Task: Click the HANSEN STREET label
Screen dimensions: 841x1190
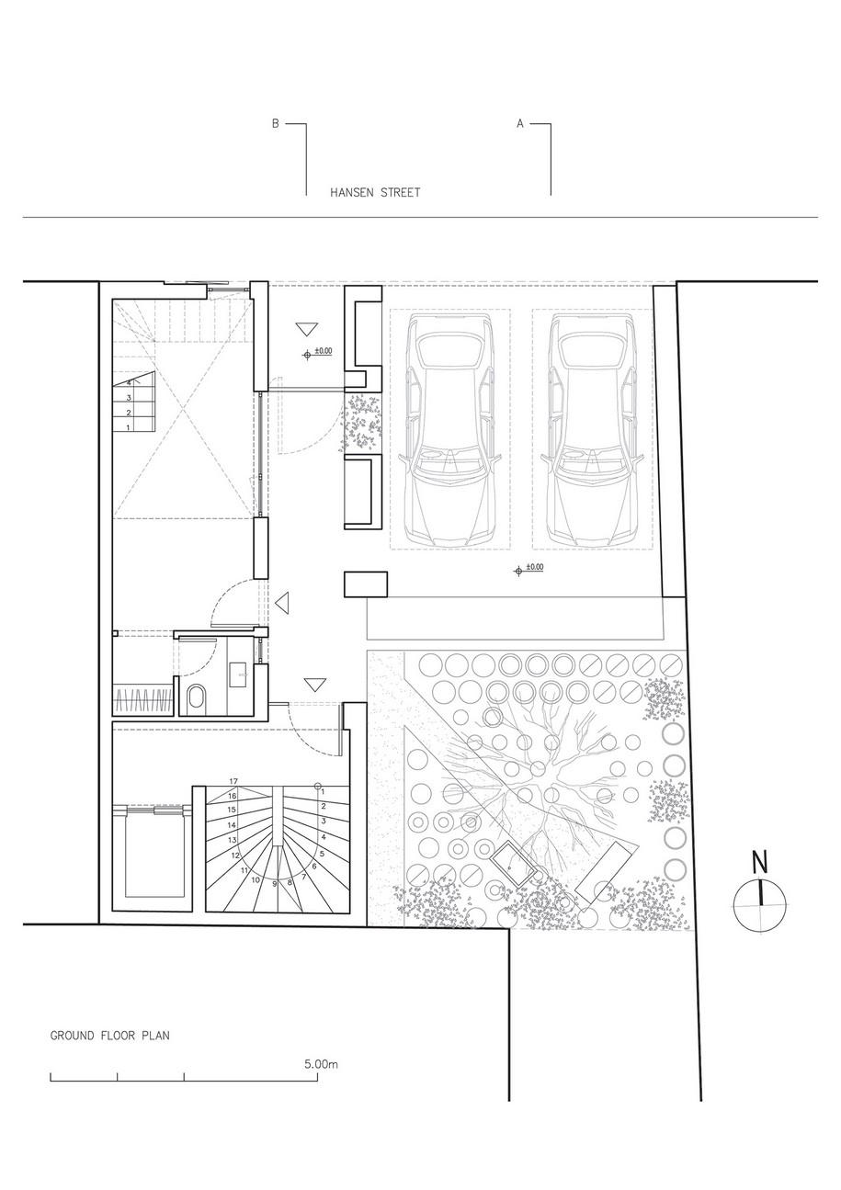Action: [375, 192]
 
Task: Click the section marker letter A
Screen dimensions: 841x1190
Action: [520, 124]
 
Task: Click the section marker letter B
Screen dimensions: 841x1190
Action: [275, 124]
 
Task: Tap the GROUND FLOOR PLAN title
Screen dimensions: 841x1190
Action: [110, 1036]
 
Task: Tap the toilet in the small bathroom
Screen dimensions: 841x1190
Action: [196, 697]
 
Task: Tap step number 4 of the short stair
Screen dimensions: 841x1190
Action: [129, 382]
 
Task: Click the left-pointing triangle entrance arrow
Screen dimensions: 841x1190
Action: [282, 603]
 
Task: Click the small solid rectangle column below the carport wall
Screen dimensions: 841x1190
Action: [366, 584]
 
